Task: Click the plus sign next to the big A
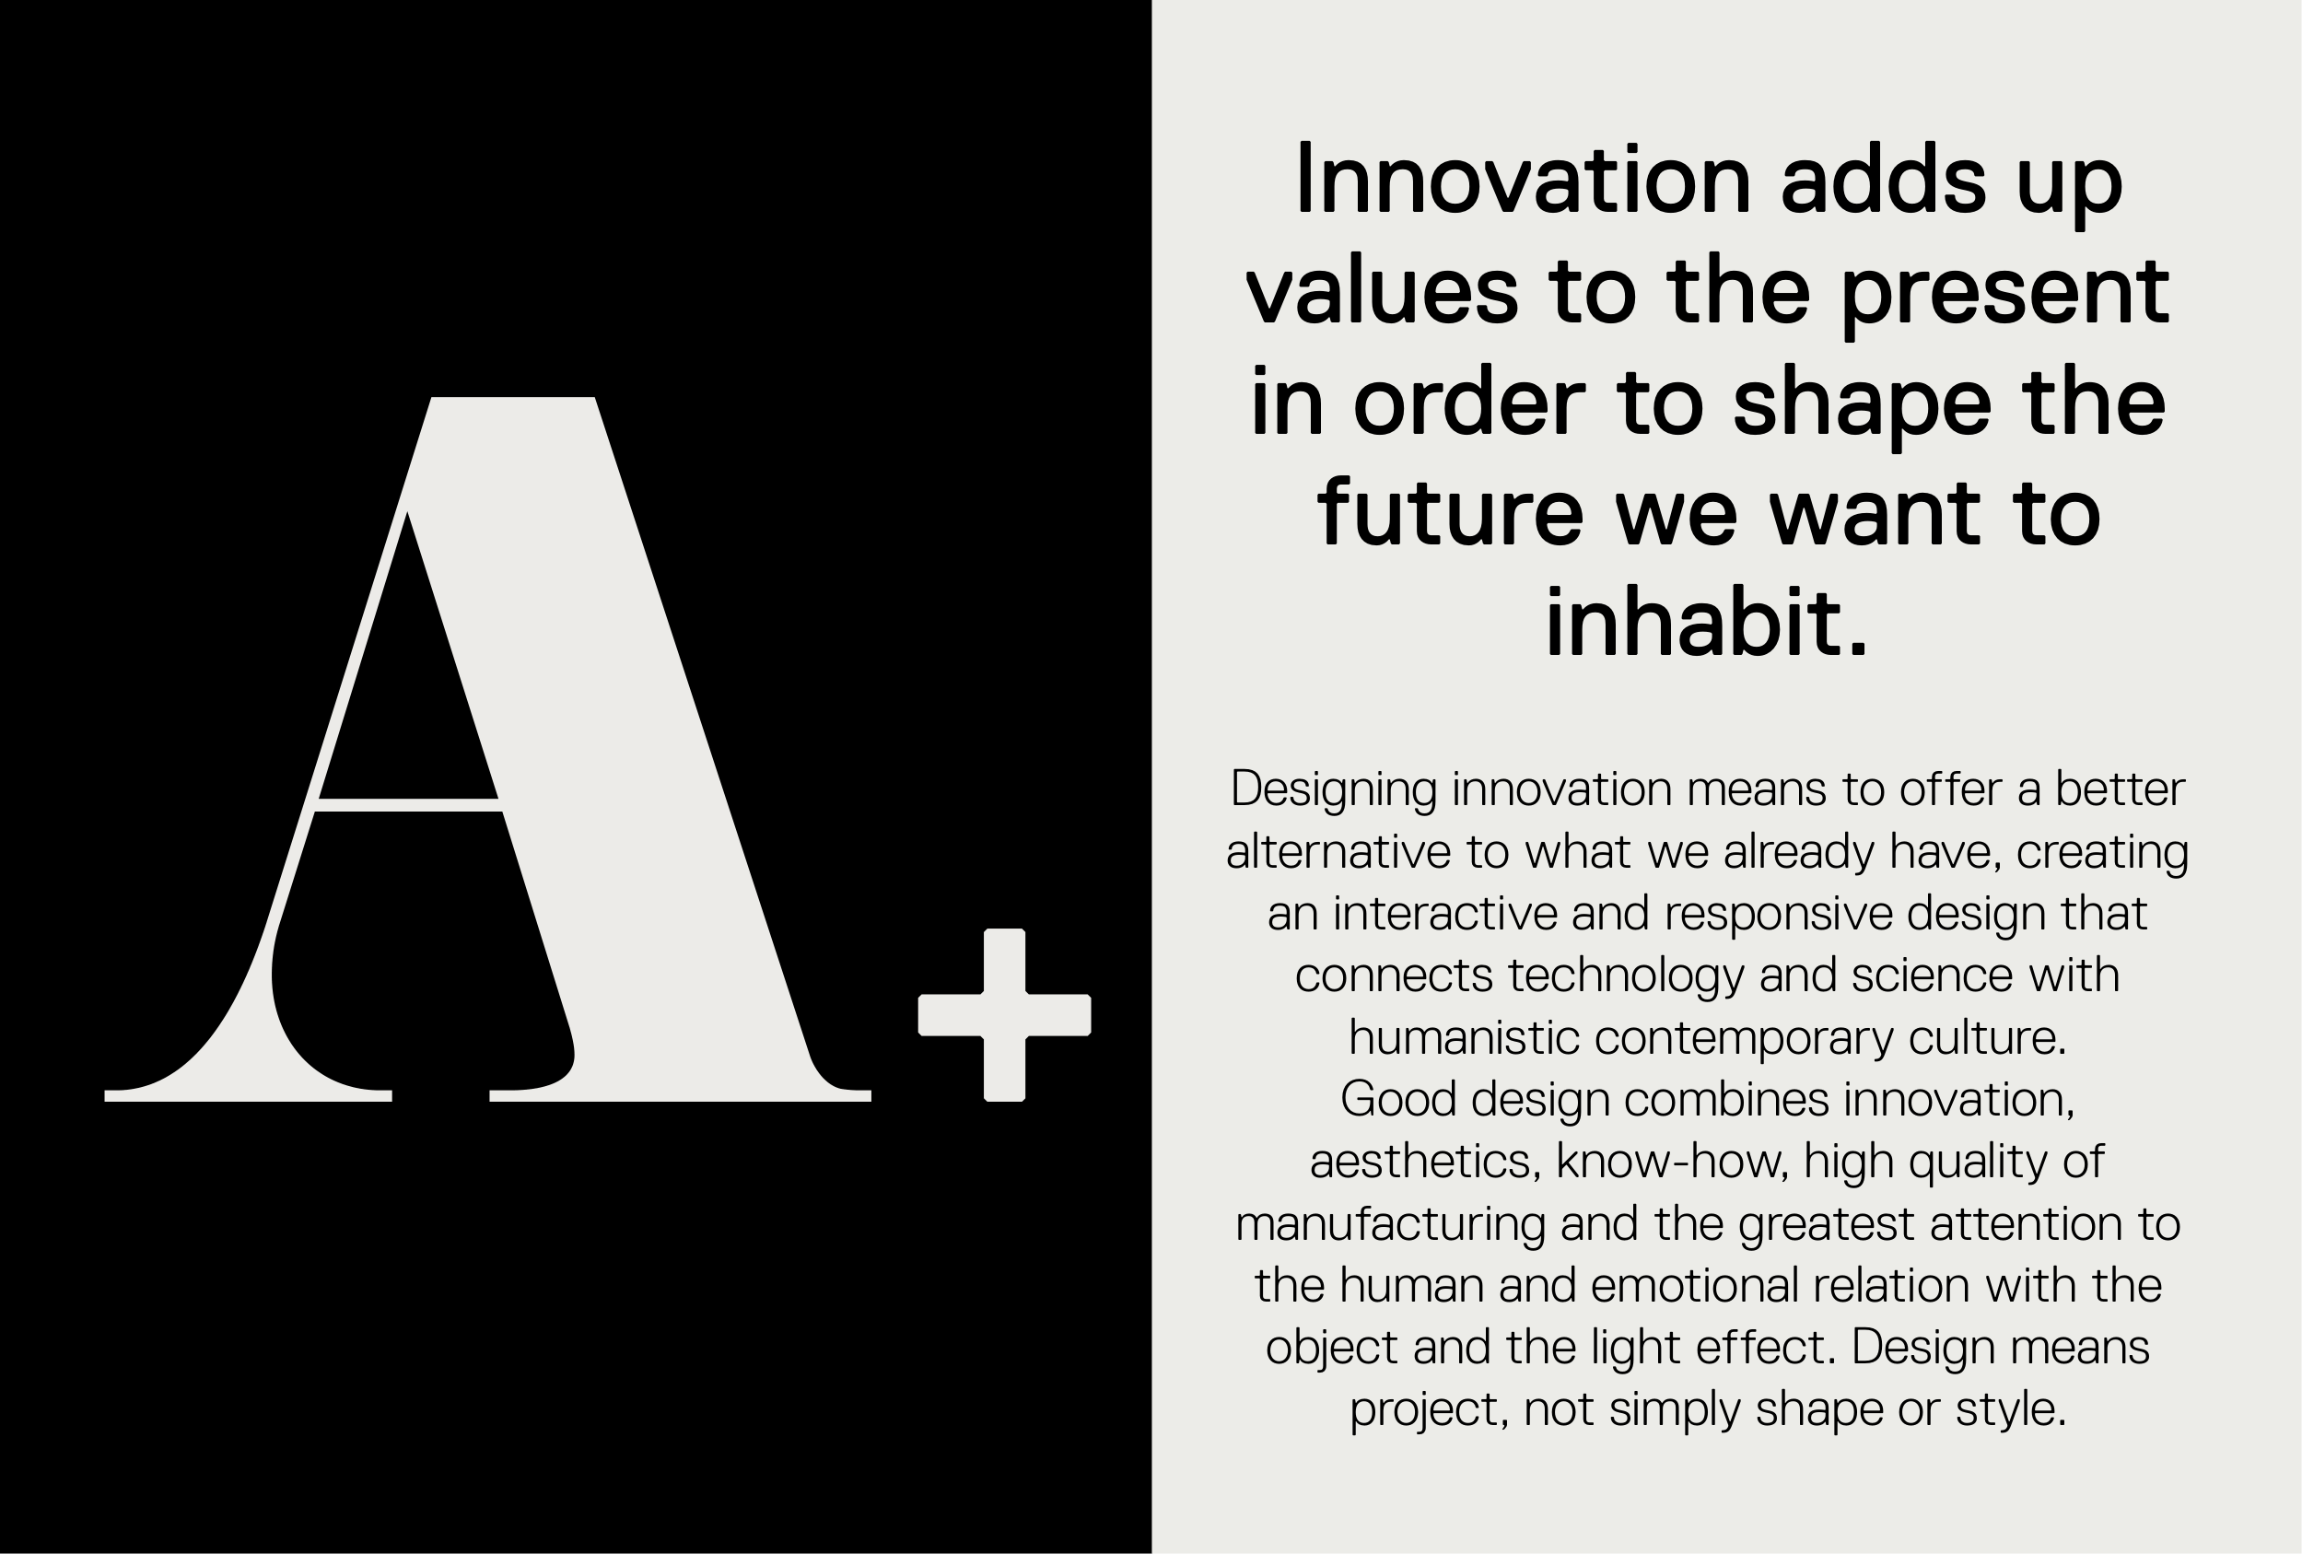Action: (1004, 1015)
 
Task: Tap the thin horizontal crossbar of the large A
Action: (408, 804)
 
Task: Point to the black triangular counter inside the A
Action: (409, 673)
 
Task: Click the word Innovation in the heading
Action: (1524, 181)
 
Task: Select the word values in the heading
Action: (1382, 292)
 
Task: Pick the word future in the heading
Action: (1450, 513)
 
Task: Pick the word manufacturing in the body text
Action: (1390, 1225)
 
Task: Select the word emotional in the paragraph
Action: (1695, 1286)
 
